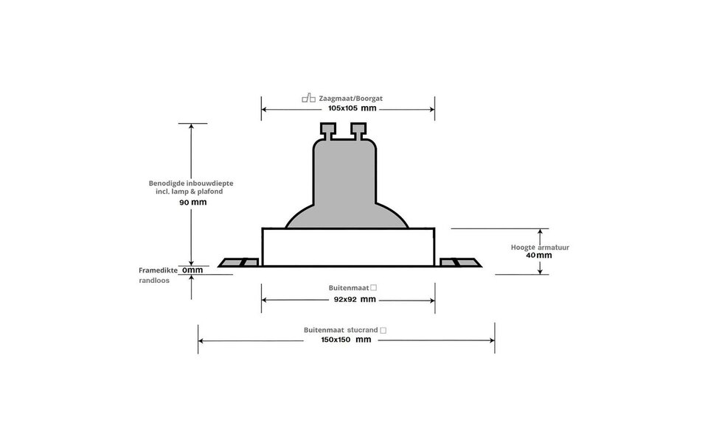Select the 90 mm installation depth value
pyautogui.click(x=192, y=202)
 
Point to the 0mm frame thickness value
pyautogui.click(x=192, y=270)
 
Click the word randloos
pyautogui.click(x=155, y=281)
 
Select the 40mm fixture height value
pyautogui.click(x=539, y=256)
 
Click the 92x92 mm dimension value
pyautogui.click(x=348, y=300)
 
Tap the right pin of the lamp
pyautogui.click(x=358, y=130)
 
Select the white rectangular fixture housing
pyautogui.click(x=348, y=248)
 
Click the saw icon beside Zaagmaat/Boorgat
pyautogui.click(x=308, y=97)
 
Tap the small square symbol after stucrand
pyautogui.click(x=383, y=331)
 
